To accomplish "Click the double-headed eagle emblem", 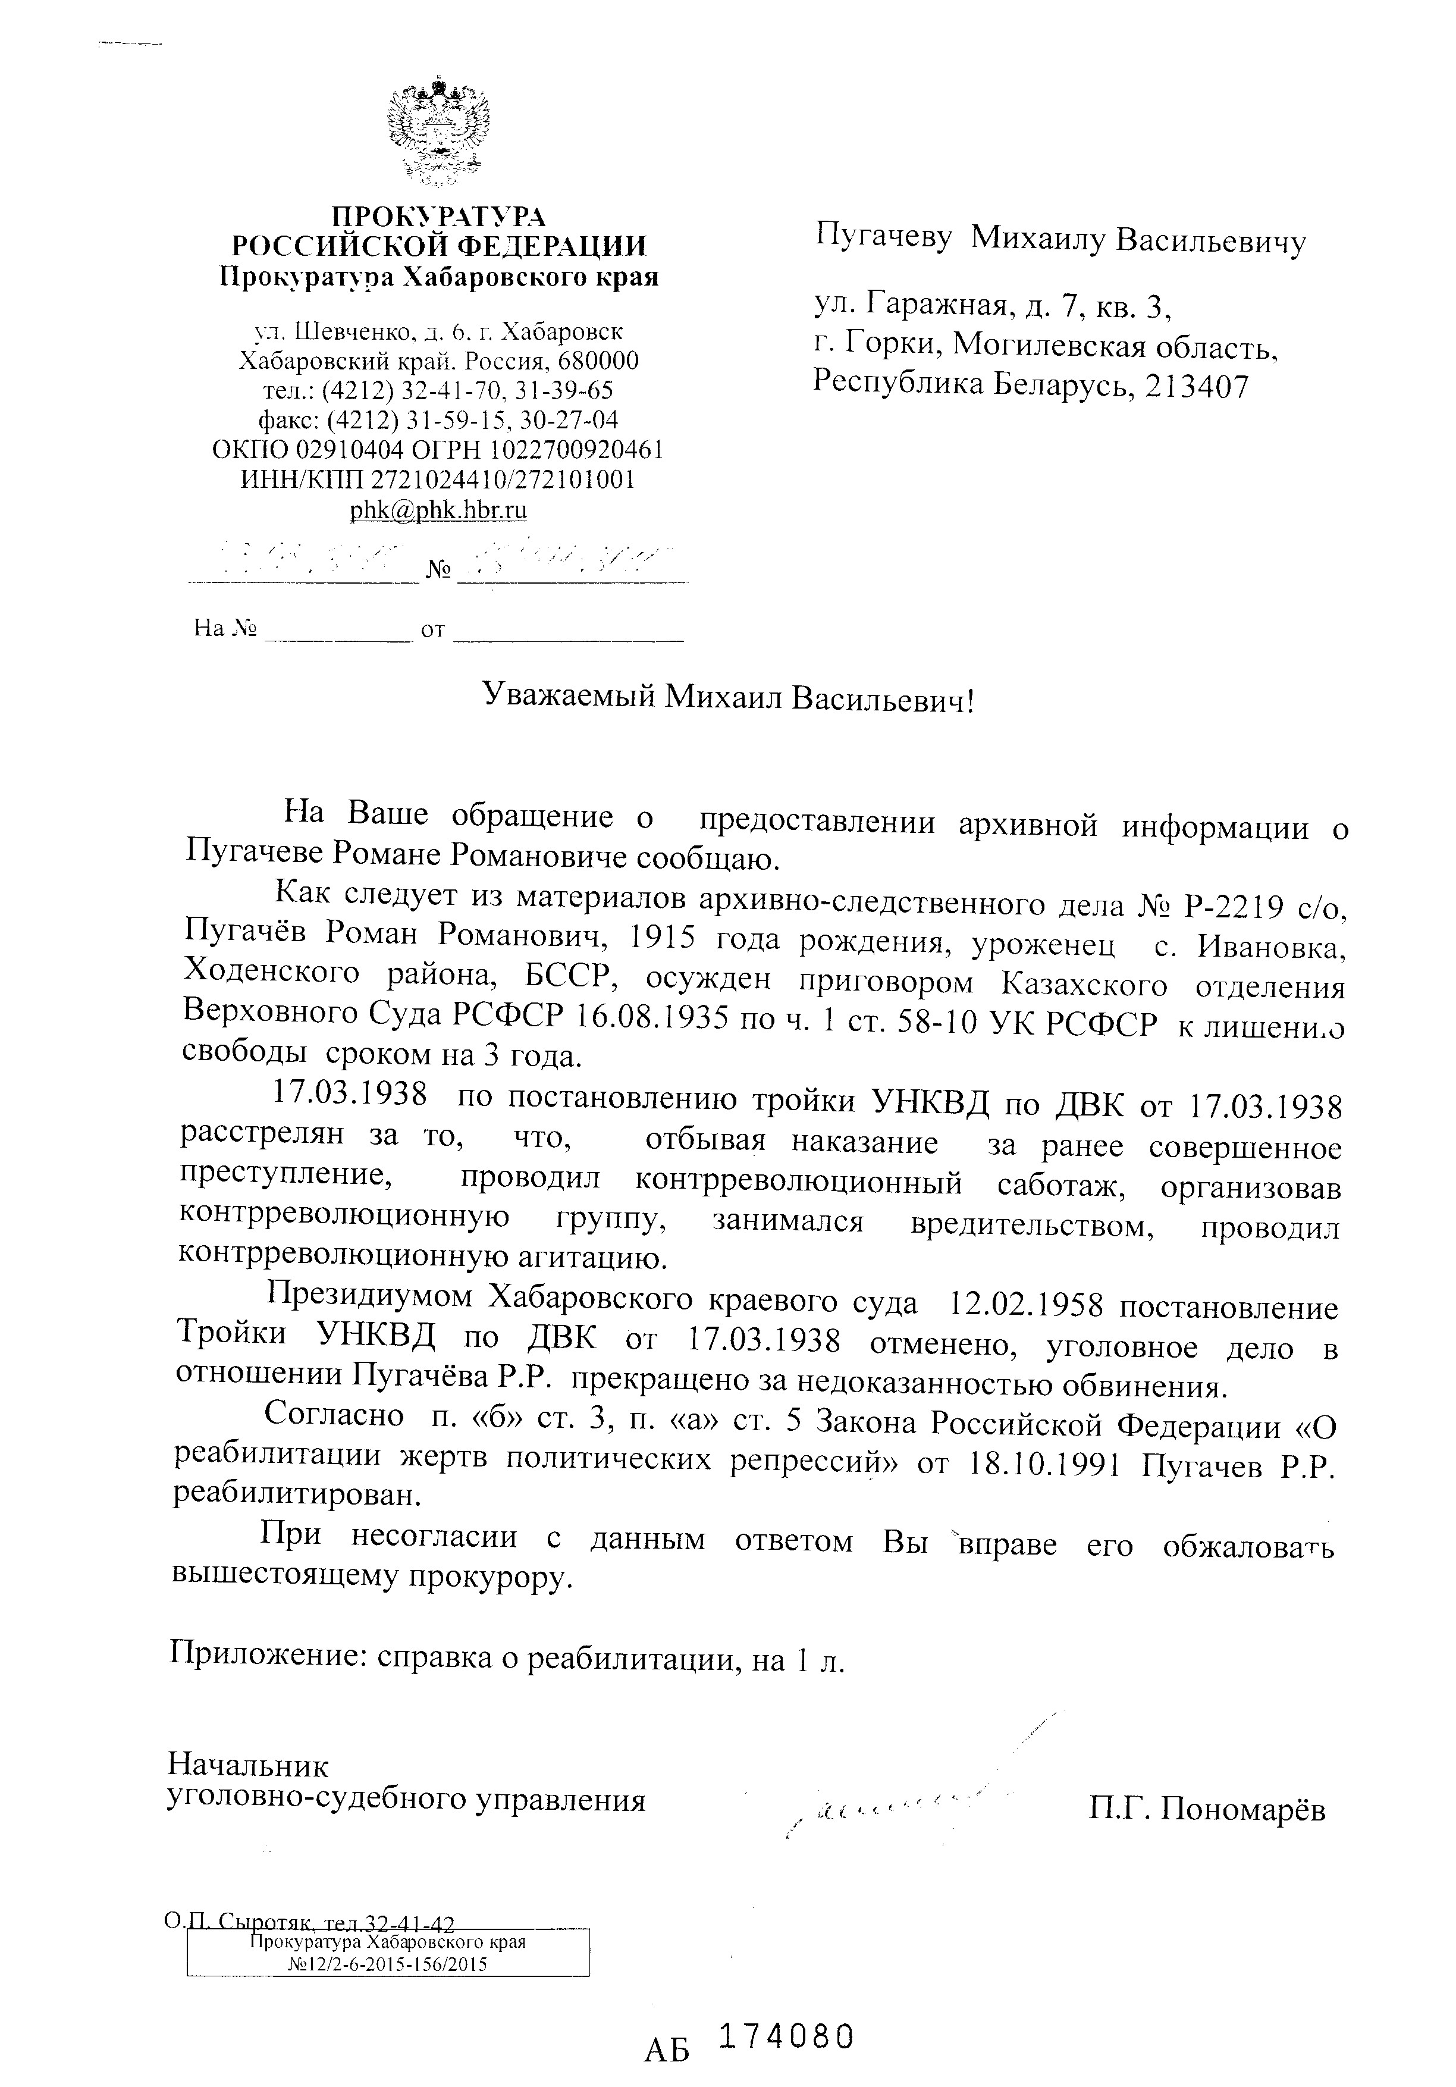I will (x=438, y=133).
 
